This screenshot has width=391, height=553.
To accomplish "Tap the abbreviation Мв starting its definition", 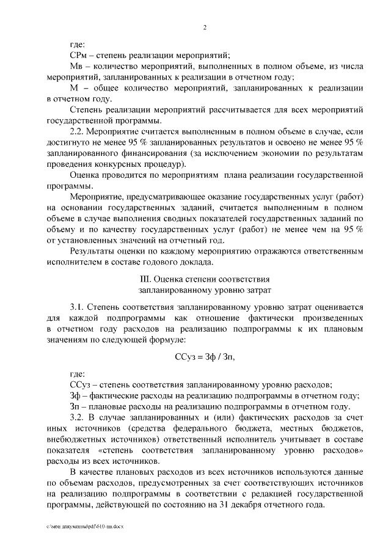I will point(78,67).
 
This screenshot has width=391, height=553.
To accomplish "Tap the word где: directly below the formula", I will point(78,373).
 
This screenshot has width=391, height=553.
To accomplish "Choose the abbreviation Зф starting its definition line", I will point(76,395).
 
